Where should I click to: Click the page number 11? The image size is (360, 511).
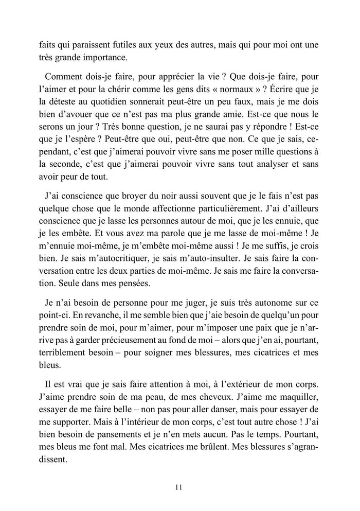[x=179, y=486]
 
